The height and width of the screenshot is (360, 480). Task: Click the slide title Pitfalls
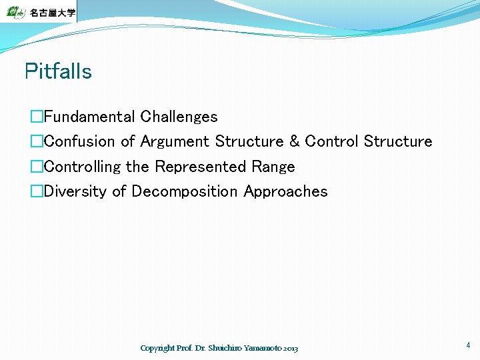pyautogui.click(x=58, y=71)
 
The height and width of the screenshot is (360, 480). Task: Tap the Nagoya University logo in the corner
pyautogui.click(x=38, y=11)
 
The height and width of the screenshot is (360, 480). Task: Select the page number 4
pyautogui.click(x=468, y=345)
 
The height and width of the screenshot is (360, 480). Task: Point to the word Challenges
pyautogui.click(x=179, y=117)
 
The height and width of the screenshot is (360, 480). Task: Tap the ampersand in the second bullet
pyautogui.click(x=294, y=141)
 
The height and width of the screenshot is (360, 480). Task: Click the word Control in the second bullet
pyautogui.click(x=331, y=141)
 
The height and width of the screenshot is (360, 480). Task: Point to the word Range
pyautogui.click(x=273, y=167)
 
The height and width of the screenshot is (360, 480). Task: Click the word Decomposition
pyautogui.click(x=185, y=191)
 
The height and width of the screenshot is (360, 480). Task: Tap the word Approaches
pyautogui.click(x=285, y=191)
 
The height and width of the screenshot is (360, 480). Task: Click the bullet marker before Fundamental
pyautogui.click(x=37, y=117)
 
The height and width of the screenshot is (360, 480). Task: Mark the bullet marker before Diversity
pyautogui.click(x=37, y=192)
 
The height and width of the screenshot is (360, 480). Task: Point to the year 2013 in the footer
pyautogui.click(x=290, y=348)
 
